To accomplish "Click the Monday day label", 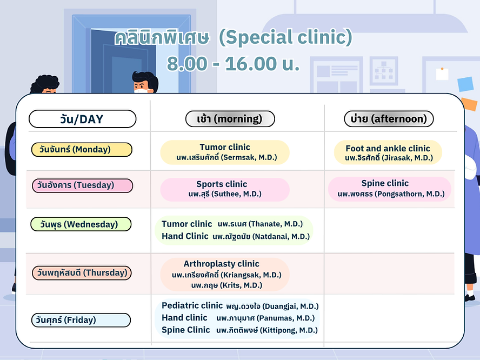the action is (x=82, y=150).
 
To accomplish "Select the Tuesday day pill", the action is (x=82, y=185).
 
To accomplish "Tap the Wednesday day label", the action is (x=81, y=224).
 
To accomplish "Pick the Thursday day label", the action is (x=82, y=273).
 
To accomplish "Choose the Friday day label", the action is (x=81, y=320).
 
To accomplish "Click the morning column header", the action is (x=230, y=119).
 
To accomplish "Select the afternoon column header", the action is (x=389, y=119).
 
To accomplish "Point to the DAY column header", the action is (x=82, y=119).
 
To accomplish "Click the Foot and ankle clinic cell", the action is (x=388, y=152).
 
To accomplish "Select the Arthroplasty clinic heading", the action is (x=221, y=264).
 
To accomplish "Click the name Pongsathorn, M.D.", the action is (x=410, y=194).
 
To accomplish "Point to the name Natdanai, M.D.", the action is (x=281, y=237).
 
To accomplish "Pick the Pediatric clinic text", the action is (x=192, y=305).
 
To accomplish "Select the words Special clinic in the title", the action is (x=285, y=37).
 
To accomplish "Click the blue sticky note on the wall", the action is (x=465, y=84).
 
